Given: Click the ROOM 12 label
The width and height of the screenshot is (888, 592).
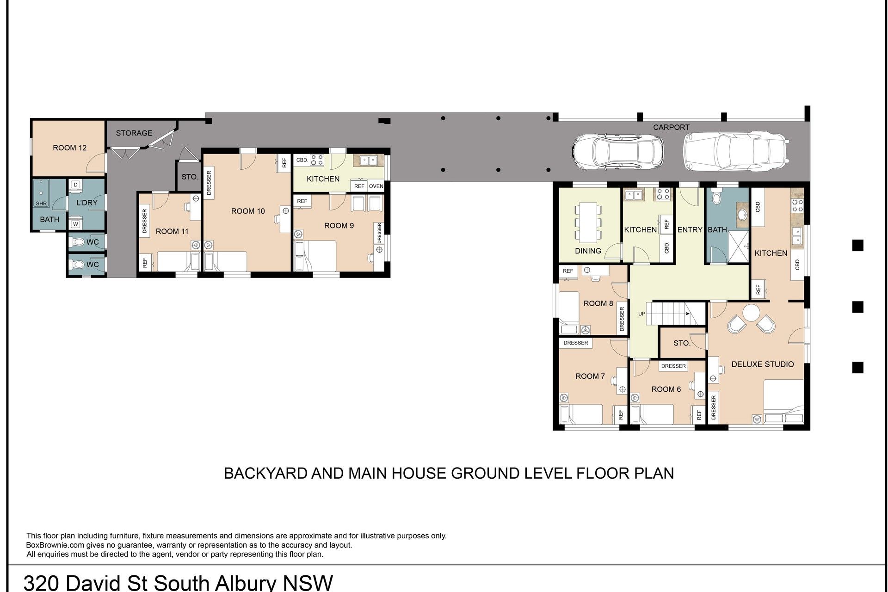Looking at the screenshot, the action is pos(69,148).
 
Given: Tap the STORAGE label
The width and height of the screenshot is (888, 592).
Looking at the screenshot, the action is pos(134,133).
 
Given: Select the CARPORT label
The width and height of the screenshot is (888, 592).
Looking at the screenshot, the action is pos(671,127).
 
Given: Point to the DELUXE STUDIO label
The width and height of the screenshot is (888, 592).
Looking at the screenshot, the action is pos(762,364).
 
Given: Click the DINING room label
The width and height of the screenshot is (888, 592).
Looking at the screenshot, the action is pos(588,251).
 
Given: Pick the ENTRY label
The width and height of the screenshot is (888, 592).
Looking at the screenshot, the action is pos(690,230).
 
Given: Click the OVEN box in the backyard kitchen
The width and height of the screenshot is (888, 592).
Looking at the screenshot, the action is pos(376,186).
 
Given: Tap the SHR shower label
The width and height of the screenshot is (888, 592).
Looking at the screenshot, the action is pos(41,203).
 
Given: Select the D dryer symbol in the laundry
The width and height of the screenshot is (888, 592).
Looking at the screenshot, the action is pos(76,185).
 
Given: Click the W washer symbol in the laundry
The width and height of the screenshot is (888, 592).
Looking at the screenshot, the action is pos(76,225).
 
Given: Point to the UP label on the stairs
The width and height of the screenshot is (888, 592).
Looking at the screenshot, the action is pos(641,314).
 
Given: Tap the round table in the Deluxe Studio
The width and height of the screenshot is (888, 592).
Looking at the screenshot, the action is pos(751,313).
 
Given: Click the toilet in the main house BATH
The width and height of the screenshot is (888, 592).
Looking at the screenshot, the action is pos(716,196).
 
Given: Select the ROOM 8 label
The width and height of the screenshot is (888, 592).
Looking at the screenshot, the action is pos(598,304).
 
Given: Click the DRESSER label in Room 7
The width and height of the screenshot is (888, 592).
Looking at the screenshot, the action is pos(576,343).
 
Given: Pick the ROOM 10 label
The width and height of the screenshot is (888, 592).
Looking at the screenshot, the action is pos(248,211).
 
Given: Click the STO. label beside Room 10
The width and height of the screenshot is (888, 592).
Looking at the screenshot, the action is pos(190,177).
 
